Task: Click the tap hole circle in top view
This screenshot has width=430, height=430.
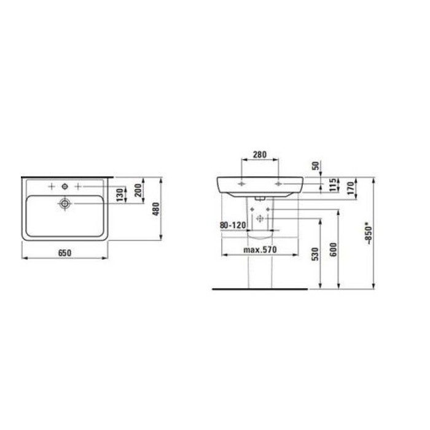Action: point(64,186)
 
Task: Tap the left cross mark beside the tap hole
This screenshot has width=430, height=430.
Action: point(52,186)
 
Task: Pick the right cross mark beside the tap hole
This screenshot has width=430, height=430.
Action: point(78,186)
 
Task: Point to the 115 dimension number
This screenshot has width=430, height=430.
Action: point(316,184)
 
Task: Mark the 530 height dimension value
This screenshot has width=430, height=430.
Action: point(316,254)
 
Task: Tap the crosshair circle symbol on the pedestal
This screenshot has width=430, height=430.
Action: point(260,218)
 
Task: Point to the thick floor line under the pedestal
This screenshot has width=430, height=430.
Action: point(259,287)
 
